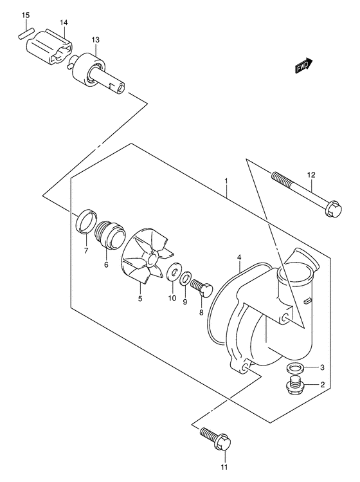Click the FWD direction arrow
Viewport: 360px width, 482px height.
click(x=303, y=66)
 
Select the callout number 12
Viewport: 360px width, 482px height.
click(x=311, y=174)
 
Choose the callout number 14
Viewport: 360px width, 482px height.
click(x=64, y=23)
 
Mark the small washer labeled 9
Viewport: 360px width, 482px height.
click(x=185, y=281)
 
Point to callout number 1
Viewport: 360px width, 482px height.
click(x=227, y=183)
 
